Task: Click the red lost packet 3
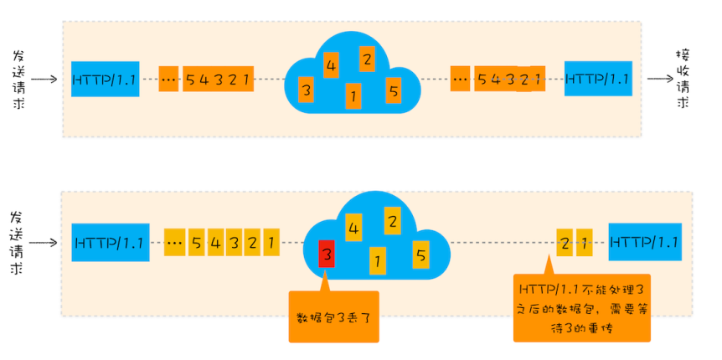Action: pyautogui.click(x=327, y=254)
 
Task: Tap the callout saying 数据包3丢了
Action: pyautogui.click(x=333, y=317)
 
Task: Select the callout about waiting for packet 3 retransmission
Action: pyautogui.click(x=582, y=307)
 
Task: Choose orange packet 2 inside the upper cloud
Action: pyautogui.click(x=367, y=59)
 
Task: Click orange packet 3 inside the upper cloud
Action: pyautogui.click(x=307, y=89)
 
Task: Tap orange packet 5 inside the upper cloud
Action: pyautogui.click(x=394, y=90)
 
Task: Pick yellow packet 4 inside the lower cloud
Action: pyautogui.click(x=354, y=227)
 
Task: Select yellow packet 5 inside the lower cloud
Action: pyautogui.click(x=421, y=254)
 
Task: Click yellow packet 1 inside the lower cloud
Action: pyautogui.click(x=378, y=260)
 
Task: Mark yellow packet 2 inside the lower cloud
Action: pyautogui.click(x=390, y=222)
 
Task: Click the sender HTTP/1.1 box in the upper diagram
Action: pyautogui.click(x=105, y=80)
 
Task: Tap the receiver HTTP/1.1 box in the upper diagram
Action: pyautogui.click(x=597, y=79)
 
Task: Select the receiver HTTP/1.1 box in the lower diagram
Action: pyautogui.click(x=645, y=242)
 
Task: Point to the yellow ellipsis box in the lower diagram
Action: pyautogui.click(x=174, y=243)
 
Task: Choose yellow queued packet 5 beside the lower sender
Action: pyautogui.click(x=197, y=243)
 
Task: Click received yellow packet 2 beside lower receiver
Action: pyautogui.click(x=565, y=242)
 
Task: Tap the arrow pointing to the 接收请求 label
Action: pyautogui.click(x=660, y=80)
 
